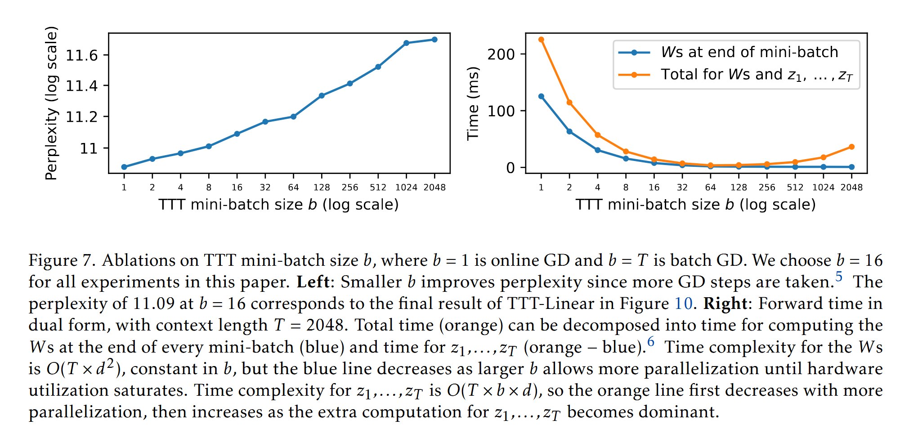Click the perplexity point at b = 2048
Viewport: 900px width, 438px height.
pyautogui.click(x=434, y=40)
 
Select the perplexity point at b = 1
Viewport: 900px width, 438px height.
pyautogui.click(x=124, y=167)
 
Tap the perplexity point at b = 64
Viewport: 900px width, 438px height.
pyautogui.click(x=293, y=116)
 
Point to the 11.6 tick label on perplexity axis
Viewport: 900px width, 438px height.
pyautogui.click(x=82, y=55)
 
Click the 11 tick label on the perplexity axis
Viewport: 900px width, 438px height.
pyautogui.click(x=89, y=148)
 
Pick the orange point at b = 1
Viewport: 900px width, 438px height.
pyautogui.click(x=541, y=40)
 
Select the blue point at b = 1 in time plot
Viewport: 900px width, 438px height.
pyautogui.click(x=541, y=96)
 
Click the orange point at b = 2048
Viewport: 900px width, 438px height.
pyautogui.click(x=851, y=147)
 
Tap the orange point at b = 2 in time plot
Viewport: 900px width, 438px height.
pyautogui.click(x=569, y=103)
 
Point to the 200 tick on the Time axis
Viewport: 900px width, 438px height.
pyautogui.click(x=501, y=54)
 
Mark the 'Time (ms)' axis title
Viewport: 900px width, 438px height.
pyautogui.click(x=473, y=103)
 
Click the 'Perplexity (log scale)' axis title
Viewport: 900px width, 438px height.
pyautogui.click(x=52, y=103)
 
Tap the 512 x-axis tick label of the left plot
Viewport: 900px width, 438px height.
pyautogui.click(x=378, y=188)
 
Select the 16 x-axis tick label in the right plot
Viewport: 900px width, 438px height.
pyautogui.click(x=654, y=188)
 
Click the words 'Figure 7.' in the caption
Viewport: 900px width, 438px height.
pyautogui.click(x=62, y=261)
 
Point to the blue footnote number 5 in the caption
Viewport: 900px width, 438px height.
pyautogui.click(x=839, y=276)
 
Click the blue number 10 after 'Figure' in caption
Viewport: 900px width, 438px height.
pyautogui.click(x=683, y=304)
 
